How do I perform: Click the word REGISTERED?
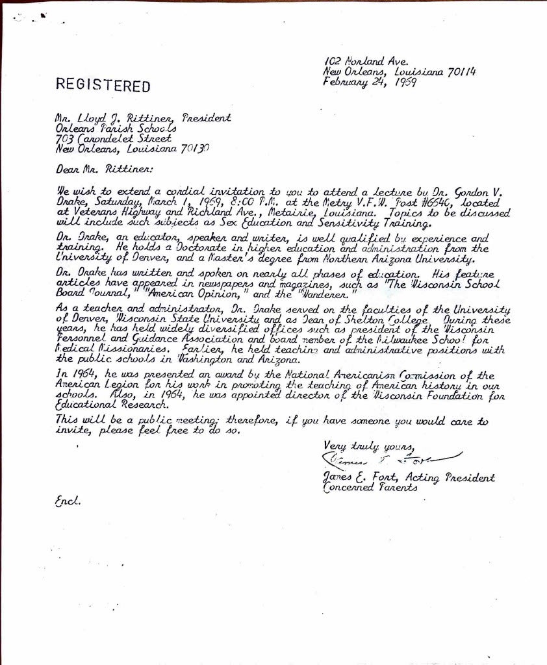[103, 86]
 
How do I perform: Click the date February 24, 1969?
[370, 82]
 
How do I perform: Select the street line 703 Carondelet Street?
[115, 138]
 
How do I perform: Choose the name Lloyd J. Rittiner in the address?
[131, 119]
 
